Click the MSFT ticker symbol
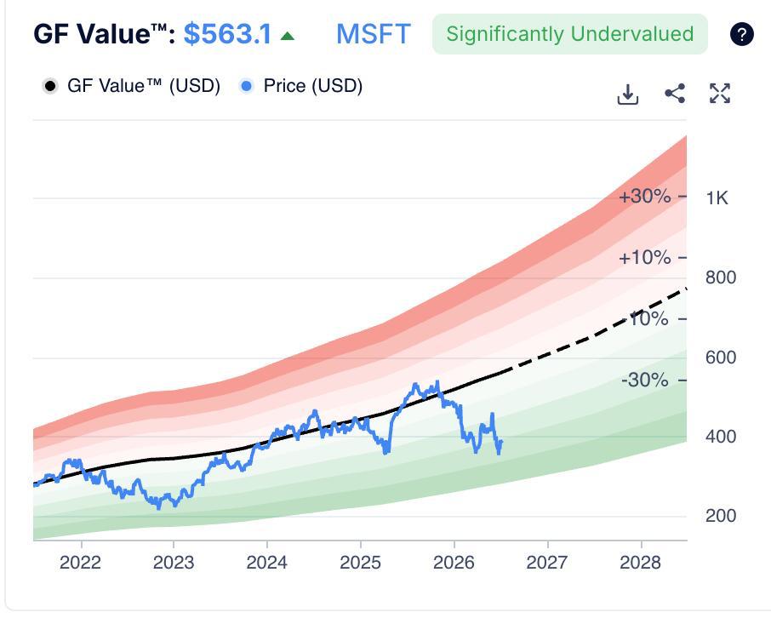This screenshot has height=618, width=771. coord(374,34)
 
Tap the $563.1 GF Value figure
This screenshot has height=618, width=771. coord(227,34)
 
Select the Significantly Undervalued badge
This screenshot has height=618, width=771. coord(570,34)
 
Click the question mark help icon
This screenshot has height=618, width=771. coord(741,34)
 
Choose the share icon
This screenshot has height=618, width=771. coord(675,94)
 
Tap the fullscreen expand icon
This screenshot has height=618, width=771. coord(720,94)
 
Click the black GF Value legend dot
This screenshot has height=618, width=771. coord(49,86)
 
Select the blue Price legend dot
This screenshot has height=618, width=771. coord(246,86)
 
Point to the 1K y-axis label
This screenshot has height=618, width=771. coord(717,197)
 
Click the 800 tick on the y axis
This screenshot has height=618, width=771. coord(721,278)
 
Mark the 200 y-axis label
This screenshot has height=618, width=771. coord(721,516)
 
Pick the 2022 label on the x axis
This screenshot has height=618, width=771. coord(80,562)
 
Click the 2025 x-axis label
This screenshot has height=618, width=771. coord(361,562)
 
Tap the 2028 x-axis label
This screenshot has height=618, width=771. coord(640,562)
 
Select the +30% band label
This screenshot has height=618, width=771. coord(645,197)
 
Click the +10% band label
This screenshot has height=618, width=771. coord(645,257)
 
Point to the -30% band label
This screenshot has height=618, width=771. coord(645,380)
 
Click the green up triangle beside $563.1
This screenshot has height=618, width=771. coord(287,36)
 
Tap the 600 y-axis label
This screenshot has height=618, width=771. coord(721,358)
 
